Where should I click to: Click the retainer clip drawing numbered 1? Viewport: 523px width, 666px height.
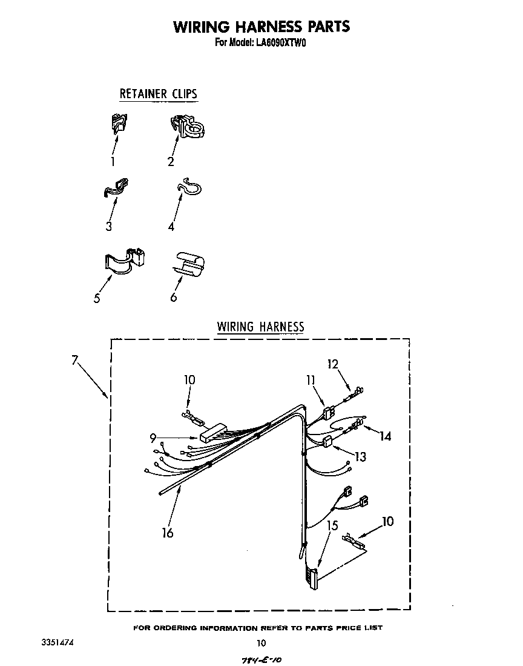(x=119, y=123)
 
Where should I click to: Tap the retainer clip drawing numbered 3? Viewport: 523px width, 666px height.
(x=117, y=188)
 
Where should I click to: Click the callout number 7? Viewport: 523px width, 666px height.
(x=74, y=361)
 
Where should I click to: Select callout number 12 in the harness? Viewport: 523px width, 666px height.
(x=332, y=364)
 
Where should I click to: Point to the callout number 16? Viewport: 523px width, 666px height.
(x=167, y=533)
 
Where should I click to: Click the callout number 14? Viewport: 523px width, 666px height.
(x=385, y=436)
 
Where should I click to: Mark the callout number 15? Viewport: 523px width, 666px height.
(x=332, y=525)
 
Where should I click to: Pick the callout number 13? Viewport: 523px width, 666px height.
(x=360, y=457)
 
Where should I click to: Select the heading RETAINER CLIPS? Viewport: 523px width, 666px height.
(x=158, y=94)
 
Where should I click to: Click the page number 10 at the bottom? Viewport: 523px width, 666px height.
(x=261, y=643)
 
